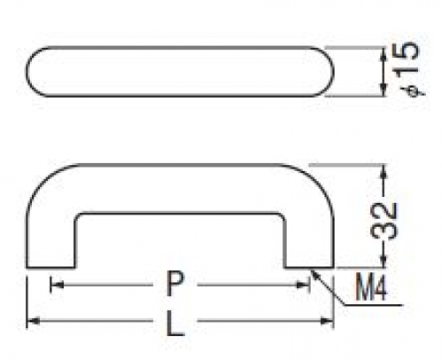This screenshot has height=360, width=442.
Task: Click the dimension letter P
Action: (x=175, y=284)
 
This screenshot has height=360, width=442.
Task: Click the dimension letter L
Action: (x=175, y=324)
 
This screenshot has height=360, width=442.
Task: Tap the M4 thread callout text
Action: (x=370, y=286)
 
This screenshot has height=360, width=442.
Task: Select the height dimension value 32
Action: (x=384, y=221)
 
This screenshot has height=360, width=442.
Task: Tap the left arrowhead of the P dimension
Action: (x=57, y=285)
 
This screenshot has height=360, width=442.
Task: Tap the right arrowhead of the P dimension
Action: (x=303, y=285)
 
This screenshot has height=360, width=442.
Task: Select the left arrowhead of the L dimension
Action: (x=33, y=321)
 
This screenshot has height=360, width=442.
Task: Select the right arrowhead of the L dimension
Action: (x=327, y=321)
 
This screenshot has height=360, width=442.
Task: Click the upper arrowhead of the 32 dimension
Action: (x=384, y=171)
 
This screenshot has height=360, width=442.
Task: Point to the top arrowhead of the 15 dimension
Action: (x=384, y=54)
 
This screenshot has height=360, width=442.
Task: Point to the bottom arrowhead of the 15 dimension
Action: (x=384, y=90)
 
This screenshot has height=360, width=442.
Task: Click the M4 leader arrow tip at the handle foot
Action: (x=313, y=270)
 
